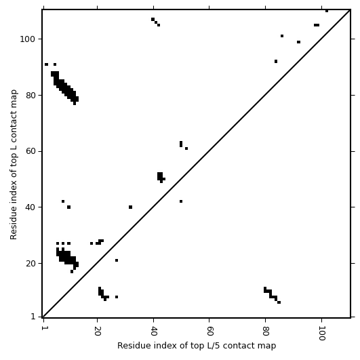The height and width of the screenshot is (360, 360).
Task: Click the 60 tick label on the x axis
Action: (209, 328)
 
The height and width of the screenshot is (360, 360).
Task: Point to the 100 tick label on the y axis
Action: (27, 39)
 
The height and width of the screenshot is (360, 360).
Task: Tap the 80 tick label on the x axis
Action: (265, 328)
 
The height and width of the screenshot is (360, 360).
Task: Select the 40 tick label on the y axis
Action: (31, 207)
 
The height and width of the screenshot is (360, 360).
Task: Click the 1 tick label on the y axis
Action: (33, 317)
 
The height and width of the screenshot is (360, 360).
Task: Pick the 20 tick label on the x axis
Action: (98, 328)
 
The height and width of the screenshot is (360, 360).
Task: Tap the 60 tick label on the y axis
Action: (31, 152)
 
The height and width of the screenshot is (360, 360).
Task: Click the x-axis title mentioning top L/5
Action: (197, 346)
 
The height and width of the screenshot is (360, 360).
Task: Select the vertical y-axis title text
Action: (14, 164)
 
